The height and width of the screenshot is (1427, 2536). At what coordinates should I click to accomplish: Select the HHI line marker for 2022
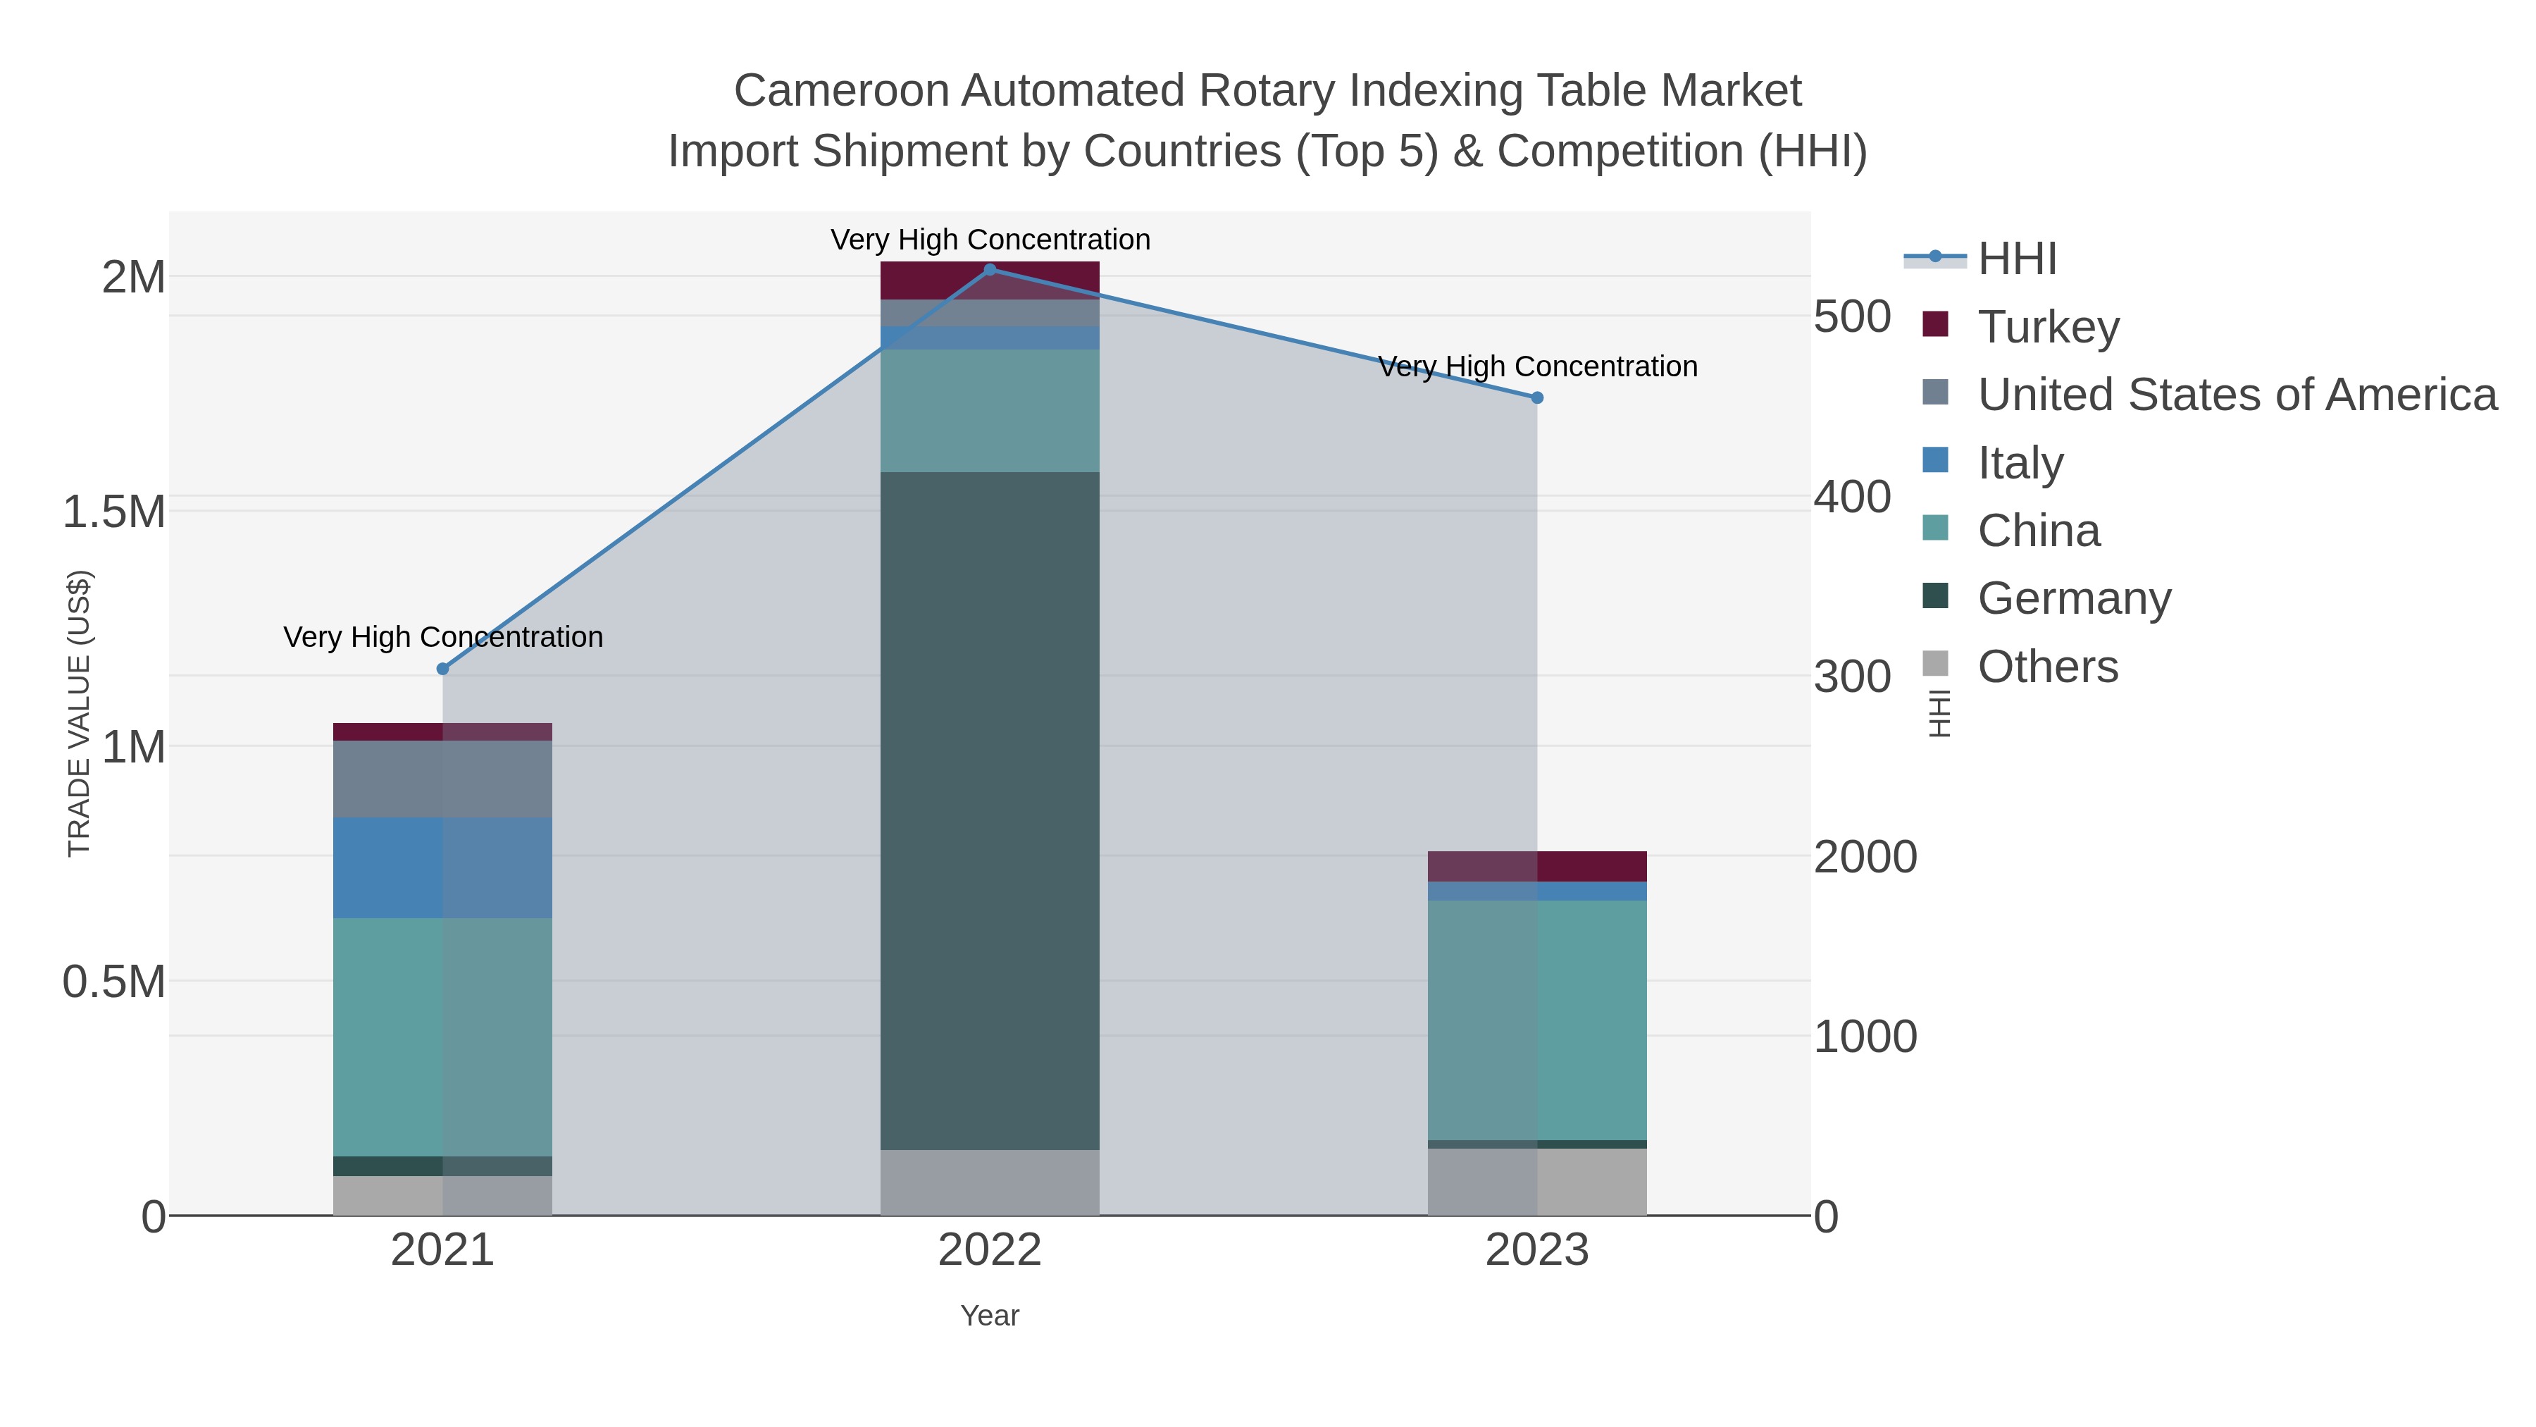(x=990, y=269)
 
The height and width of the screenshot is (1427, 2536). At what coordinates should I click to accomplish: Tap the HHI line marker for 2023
(x=1537, y=398)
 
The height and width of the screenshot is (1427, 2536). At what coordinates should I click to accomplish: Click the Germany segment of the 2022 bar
(x=990, y=810)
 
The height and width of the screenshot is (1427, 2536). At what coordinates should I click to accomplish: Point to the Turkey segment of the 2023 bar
(x=1537, y=865)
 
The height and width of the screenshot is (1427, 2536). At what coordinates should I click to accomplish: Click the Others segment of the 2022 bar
(x=990, y=1182)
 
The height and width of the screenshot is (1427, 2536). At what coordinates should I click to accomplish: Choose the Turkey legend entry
(x=2049, y=326)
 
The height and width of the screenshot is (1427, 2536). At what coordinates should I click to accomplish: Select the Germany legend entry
(x=2073, y=598)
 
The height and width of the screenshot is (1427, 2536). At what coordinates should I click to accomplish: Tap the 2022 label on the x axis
(x=990, y=1251)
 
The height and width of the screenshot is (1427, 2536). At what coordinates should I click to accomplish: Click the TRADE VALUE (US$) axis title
(x=79, y=713)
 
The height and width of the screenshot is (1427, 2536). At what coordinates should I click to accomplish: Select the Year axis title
(x=990, y=1316)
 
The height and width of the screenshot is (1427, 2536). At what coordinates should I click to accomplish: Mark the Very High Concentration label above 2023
(x=1537, y=366)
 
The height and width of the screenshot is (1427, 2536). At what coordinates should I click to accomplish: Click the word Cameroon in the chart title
(x=840, y=91)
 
